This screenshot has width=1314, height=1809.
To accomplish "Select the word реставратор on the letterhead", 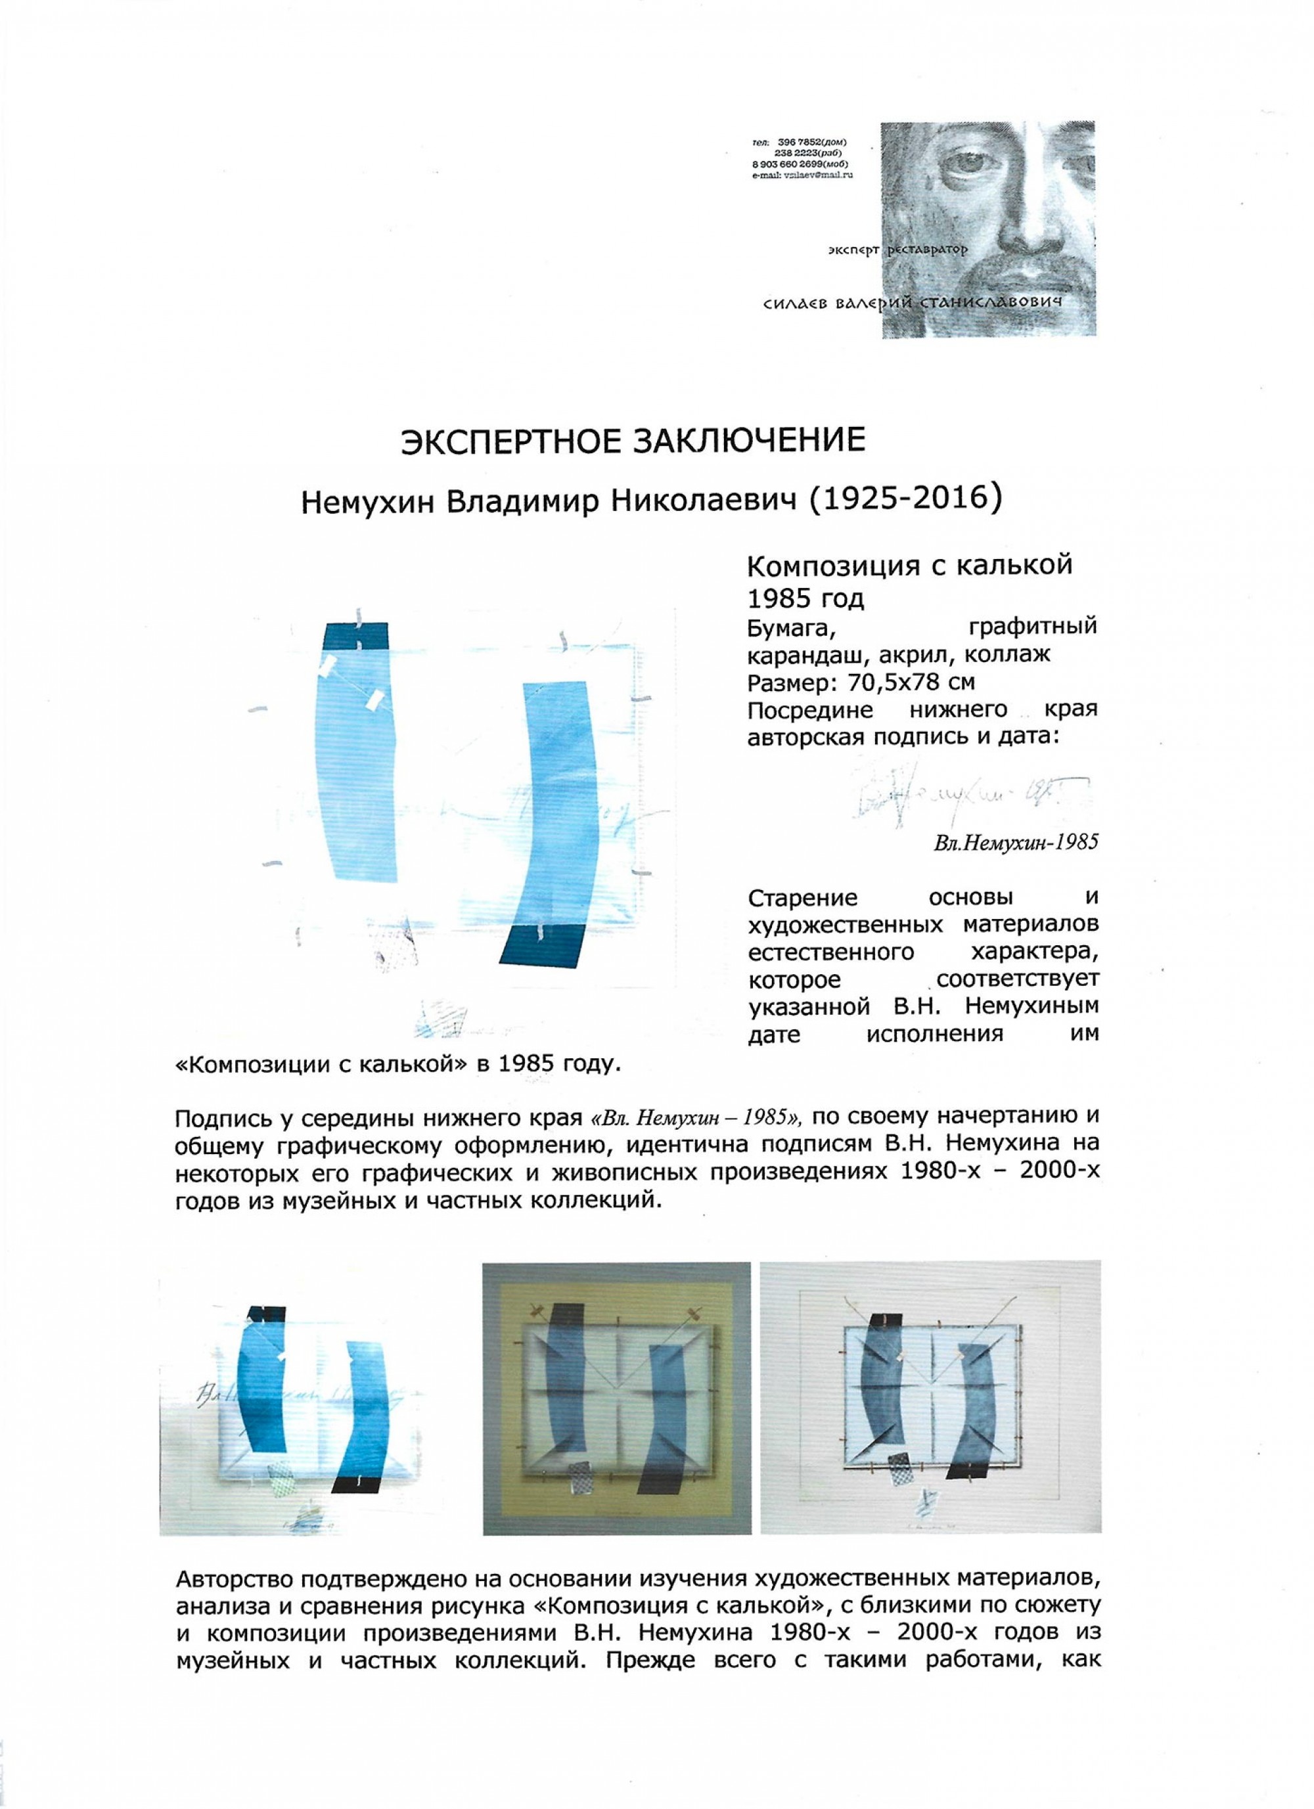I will (930, 250).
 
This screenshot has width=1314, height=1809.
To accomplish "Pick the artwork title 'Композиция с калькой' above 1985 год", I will (909, 566).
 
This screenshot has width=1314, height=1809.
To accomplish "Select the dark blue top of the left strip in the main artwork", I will (355, 636).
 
